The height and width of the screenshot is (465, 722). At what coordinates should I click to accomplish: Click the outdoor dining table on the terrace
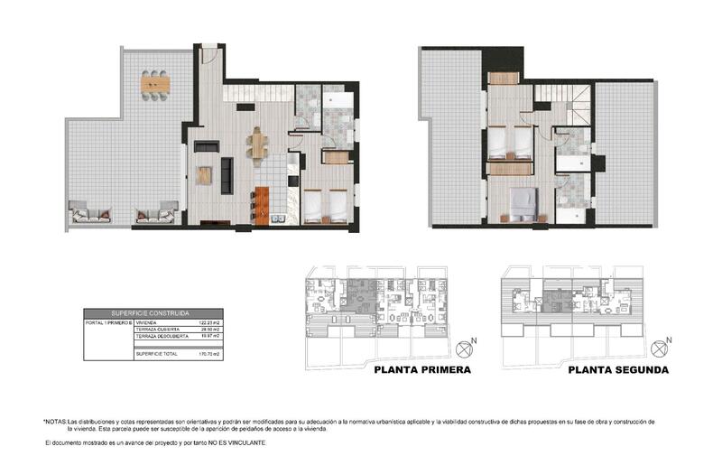pos(155,84)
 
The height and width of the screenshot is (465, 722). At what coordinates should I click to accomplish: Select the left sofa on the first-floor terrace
pos(89,216)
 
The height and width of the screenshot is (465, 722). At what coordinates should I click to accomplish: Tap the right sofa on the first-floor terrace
pos(155,216)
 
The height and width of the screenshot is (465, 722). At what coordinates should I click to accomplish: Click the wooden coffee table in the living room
pos(204,175)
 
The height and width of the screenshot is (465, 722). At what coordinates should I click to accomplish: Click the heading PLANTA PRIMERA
pos(422,370)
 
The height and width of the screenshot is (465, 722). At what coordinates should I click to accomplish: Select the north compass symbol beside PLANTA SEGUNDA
pos(665,346)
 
